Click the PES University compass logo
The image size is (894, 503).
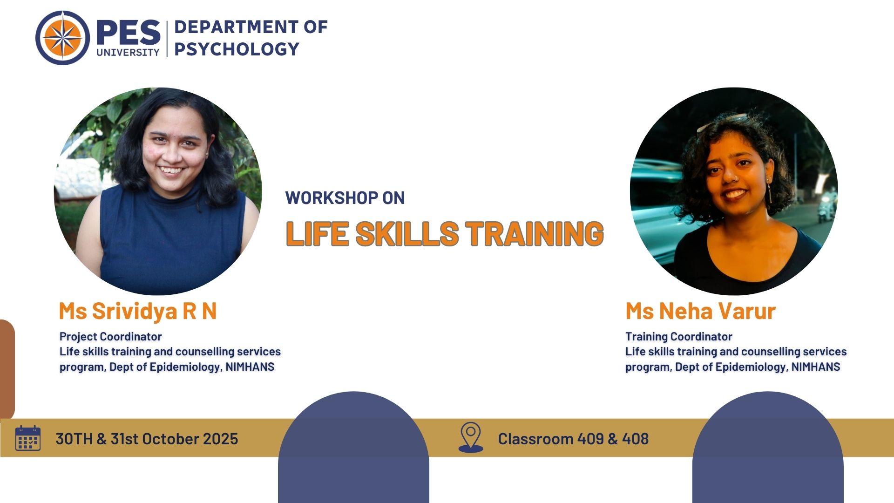click(x=62, y=38)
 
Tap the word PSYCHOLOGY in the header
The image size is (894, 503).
click(x=237, y=49)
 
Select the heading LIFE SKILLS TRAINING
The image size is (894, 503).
click(x=445, y=233)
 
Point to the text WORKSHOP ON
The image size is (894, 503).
click(x=345, y=197)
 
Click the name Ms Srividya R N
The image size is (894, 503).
click(x=138, y=311)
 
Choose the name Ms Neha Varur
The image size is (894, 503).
click(x=700, y=311)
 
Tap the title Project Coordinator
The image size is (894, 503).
click(x=111, y=336)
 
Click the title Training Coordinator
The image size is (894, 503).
click(x=679, y=336)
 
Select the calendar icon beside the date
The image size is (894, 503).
click(x=28, y=438)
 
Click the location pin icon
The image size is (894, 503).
click(x=471, y=437)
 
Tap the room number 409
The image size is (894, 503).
click(x=591, y=439)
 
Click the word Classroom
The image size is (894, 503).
click(x=535, y=439)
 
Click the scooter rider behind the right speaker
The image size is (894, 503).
click(x=825, y=205)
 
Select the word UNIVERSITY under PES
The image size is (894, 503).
click(x=128, y=52)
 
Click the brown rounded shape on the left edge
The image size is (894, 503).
click(x=7, y=369)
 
